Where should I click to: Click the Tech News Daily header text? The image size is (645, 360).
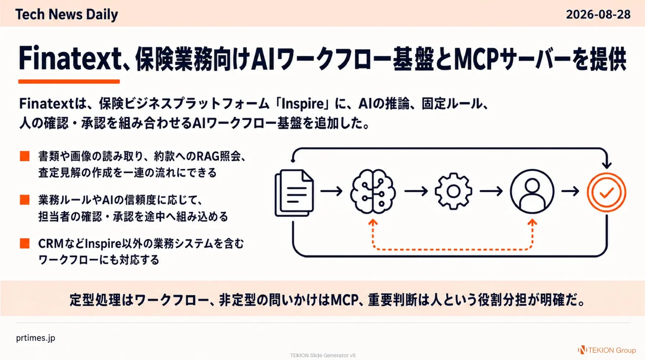(66, 14)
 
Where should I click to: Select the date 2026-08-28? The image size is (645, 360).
(598, 14)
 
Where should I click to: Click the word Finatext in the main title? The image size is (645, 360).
(70, 58)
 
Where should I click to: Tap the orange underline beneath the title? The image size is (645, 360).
(69, 81)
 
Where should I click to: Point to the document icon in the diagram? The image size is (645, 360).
(294, 193)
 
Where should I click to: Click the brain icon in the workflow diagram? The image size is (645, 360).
(373, 192)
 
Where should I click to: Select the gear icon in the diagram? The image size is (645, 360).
(453, 191)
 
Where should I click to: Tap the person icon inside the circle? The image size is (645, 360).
(532, 192)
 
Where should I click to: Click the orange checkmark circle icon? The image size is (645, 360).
(606, 192)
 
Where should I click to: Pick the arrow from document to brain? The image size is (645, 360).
(331, 191)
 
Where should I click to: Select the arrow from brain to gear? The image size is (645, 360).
(416, 191)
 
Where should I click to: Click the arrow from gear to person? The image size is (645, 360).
(491, 191)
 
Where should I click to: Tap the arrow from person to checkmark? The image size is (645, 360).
(570, 191)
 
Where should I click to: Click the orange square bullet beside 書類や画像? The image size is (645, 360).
(25, 156)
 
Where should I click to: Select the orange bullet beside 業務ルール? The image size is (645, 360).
(25, 200)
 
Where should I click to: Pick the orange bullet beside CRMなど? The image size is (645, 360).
(25, 243)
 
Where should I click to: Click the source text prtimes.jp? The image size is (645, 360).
(35, 338)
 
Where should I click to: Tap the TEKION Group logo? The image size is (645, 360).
(607, 350)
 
